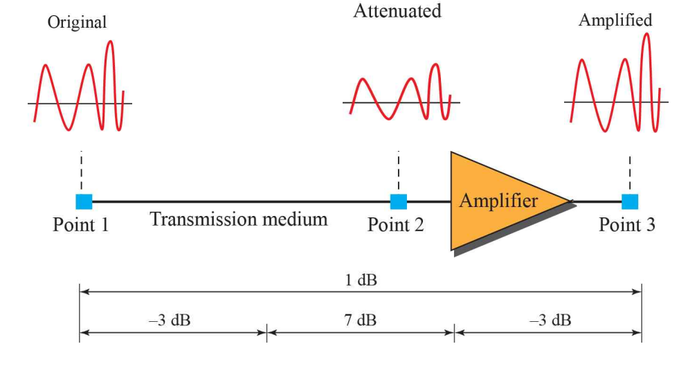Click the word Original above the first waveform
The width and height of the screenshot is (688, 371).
(x=77, y=23)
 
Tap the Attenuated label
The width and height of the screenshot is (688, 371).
(x=397, y=11)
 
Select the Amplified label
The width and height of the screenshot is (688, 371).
(x=615, y=20)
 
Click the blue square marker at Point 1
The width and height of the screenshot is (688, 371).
(x=84, y=201)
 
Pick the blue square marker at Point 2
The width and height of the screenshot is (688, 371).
(x=399, y=201)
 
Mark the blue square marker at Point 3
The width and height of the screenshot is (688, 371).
(x=630, y=201)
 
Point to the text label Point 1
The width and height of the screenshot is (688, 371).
(x=80, y=225)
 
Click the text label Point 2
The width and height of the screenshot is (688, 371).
(x=395, y=225)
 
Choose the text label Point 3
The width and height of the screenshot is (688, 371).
(x=626, y=225)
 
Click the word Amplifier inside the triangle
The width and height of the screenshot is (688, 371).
(x=498, y=201)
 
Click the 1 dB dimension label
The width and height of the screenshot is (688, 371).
(x=360, y=280)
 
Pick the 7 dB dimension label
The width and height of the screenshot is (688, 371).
(x=360, y=320)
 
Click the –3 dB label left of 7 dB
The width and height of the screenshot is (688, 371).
(x=172, y=320)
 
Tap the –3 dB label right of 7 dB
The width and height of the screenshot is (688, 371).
(x=550, y=320)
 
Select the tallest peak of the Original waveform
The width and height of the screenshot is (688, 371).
(x=109, y=43)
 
